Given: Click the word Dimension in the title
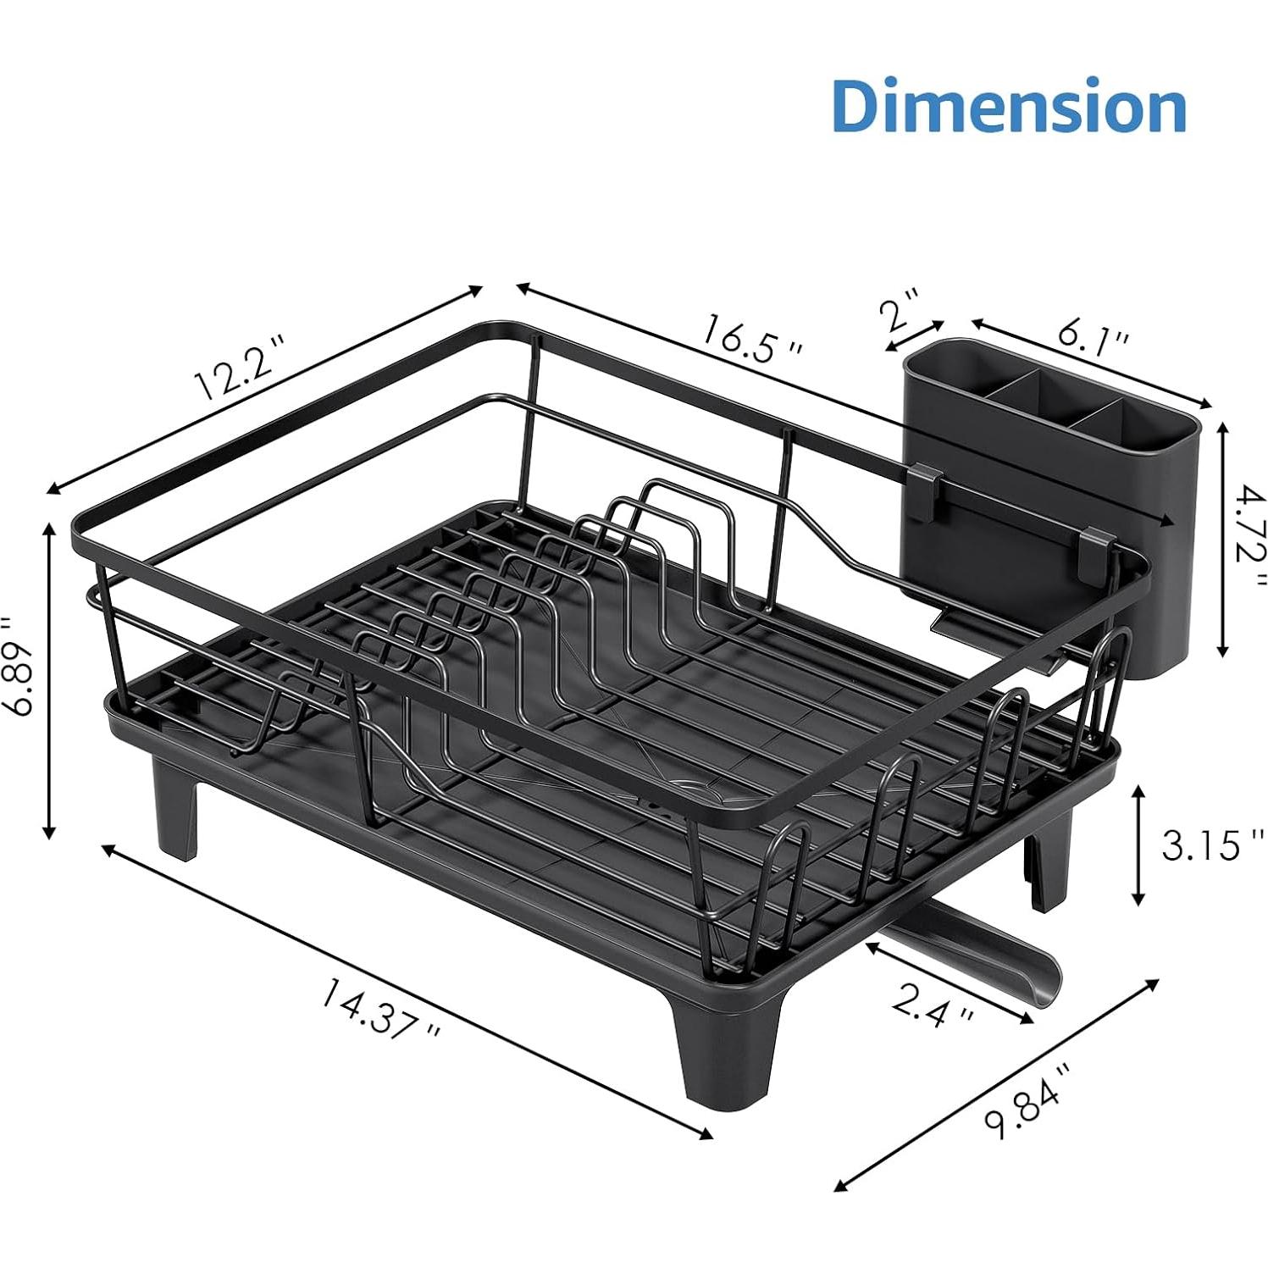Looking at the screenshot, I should tap(1008, 106).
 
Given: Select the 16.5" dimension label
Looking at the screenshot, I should tap(749, 337).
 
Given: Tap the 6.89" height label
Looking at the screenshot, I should tap(19, 666).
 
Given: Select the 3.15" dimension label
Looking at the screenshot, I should tap(1203, 844).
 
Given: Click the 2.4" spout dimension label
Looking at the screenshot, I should tap(932, 1005).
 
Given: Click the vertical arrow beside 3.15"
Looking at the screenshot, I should tap(1139, 844).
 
